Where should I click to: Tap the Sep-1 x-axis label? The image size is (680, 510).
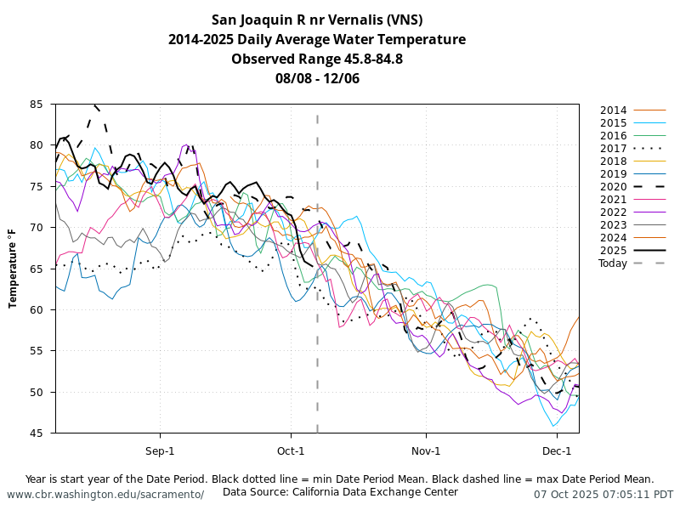[x=160, y=450]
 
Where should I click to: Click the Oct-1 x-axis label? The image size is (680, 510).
[x=291, y=450]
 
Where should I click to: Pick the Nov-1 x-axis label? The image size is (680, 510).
[x=426, y=450]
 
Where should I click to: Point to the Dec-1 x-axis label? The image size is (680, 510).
[x=557, y=450]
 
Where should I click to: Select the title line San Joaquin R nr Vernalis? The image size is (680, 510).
[x=317, y=20]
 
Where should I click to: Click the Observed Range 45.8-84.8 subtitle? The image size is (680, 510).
[x=317, y=59]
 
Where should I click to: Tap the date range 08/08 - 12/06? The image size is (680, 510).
[x=317, y=78]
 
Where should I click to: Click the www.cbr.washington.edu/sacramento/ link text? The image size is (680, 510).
[x=105, y=495]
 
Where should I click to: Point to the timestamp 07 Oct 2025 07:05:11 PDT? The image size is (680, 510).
[x=603, y=495]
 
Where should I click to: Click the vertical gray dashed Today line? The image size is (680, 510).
[x=317, y=340]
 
